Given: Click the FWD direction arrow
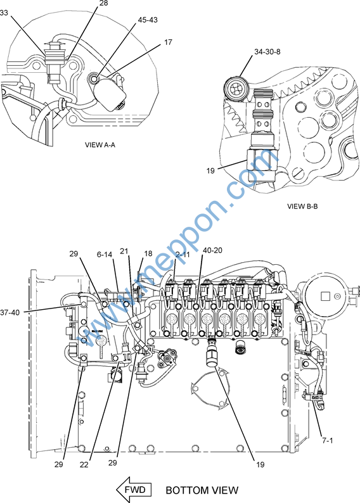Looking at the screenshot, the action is (x=134, y=490).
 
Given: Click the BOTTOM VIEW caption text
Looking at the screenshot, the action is (x=202, y=490).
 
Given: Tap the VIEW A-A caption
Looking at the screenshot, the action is (x=100, y=144).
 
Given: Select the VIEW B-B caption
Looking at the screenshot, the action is (x=302, y=207).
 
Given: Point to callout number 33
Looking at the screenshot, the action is (x=4, y=13).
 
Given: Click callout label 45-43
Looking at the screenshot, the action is (x=148, y=20).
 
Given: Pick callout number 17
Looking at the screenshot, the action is (x=168, y=42).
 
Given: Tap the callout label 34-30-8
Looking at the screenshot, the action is (x=267, y=52).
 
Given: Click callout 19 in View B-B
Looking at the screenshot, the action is (x=210, y=170).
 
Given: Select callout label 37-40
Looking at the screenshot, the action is (x=10, y=312).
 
